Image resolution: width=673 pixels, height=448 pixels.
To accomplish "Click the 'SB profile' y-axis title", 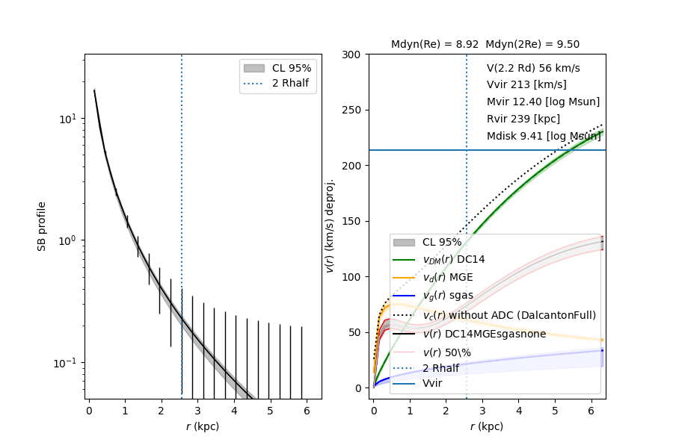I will coord(43,225).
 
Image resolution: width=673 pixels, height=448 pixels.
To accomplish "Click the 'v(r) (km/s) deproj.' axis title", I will coord(329,225).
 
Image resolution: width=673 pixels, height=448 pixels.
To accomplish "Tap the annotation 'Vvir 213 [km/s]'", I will coord(526,84).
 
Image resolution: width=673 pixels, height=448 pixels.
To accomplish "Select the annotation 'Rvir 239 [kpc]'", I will coord(523,119).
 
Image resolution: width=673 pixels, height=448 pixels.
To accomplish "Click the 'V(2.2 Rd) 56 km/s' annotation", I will coord(533,68).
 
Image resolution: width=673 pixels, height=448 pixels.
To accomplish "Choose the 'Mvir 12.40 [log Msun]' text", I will coord(543,102).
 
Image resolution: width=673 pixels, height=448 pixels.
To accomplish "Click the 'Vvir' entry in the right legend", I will coord(433,383).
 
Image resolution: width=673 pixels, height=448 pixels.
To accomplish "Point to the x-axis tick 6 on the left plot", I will coord(307,411).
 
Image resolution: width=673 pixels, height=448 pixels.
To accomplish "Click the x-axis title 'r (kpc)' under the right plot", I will coord(486,426).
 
